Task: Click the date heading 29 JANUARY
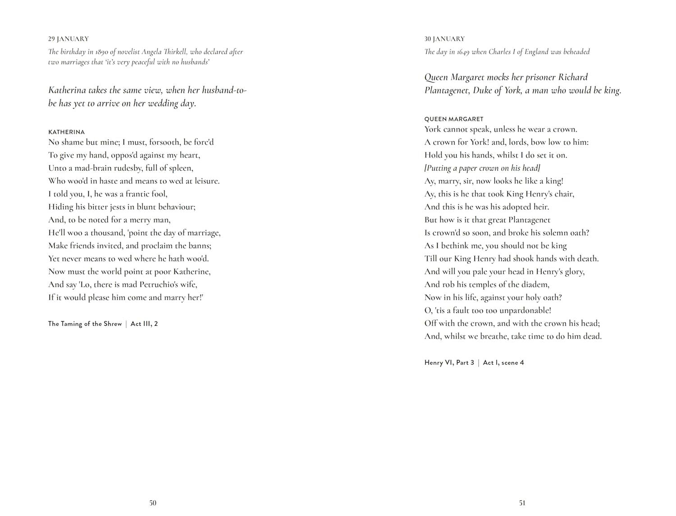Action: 69,39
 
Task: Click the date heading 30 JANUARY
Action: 444,39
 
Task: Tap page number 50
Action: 153,503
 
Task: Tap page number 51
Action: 522,503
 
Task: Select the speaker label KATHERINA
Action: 66,132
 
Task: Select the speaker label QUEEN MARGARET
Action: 454,119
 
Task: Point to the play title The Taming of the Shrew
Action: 85,324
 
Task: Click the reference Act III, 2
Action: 144,324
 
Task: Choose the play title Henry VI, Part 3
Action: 449,363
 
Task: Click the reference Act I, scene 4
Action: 503,363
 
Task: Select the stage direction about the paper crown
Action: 482,168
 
